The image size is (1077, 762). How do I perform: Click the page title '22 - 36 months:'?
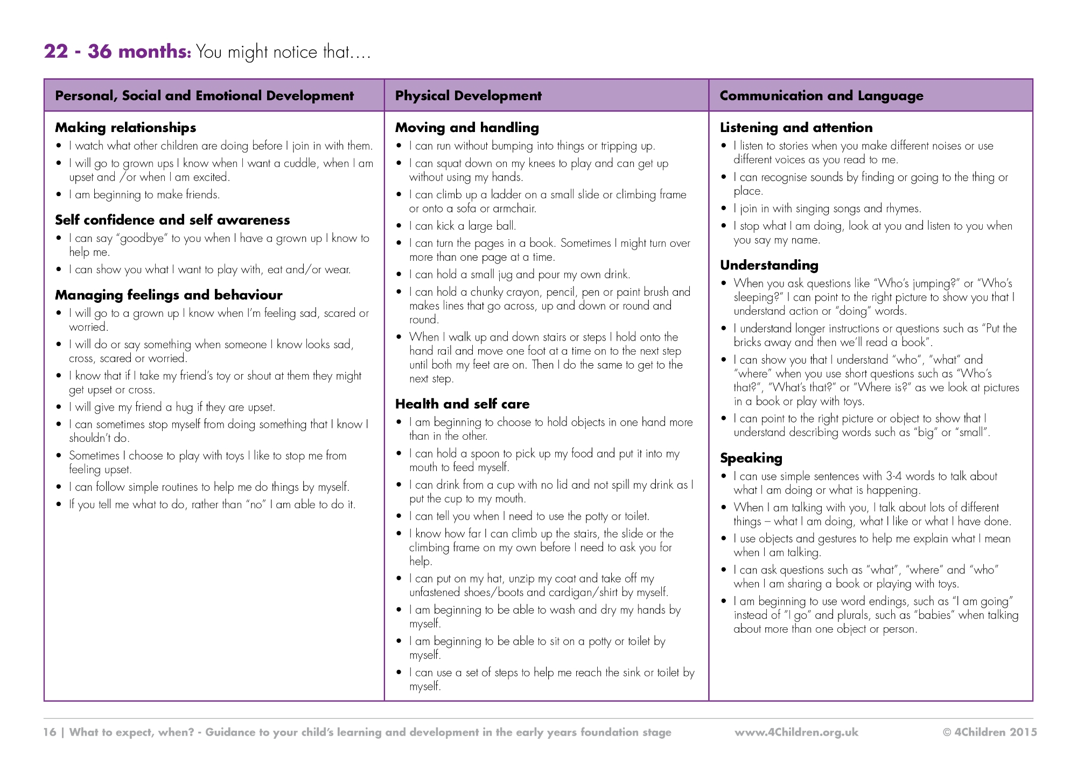point(117,52)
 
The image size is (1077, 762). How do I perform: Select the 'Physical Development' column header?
point(468,96)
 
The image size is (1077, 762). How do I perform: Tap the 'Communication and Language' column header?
point(821,96)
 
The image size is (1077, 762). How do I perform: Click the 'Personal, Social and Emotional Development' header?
point(204,96)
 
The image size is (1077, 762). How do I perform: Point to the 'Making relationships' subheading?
point(125,128)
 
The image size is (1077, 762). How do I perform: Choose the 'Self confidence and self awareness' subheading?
point(172,220)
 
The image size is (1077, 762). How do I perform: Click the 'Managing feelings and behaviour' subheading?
point(169,295)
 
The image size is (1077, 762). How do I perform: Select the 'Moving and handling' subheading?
point(467,128)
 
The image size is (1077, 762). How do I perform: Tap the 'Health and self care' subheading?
point(462,404)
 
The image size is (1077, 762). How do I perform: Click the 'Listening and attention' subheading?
point(796,128)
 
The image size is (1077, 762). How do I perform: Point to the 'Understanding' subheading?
point(769,265)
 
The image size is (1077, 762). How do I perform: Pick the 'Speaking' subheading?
point(751,458)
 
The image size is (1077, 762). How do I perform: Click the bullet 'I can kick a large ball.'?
point(462,226)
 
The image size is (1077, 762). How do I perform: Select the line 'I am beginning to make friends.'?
point(144,195)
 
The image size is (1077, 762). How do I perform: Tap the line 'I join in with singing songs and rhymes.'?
point(827,209)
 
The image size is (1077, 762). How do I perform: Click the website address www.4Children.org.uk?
point(796,732)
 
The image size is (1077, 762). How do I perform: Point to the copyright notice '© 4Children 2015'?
point(989,732)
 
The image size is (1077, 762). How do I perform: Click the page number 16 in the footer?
point(50,732)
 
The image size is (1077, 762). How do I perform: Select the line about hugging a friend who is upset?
point(172,407)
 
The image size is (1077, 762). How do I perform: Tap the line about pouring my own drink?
point(519,274)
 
